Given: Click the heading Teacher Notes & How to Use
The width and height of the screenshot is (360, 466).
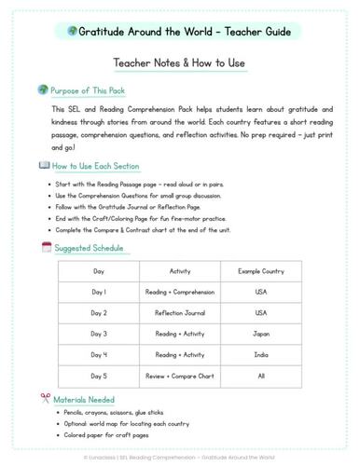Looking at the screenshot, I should [179, 64].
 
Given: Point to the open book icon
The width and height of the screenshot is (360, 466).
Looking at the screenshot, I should [45, 165].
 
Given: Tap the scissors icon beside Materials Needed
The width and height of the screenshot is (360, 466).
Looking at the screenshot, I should [46, 398].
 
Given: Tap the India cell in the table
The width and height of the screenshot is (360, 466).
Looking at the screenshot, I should [261, 355].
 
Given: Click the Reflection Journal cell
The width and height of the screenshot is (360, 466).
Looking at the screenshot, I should [180, 312].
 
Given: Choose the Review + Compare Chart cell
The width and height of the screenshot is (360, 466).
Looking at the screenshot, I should [180, 377].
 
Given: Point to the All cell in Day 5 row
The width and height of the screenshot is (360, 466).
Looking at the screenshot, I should [261, 377].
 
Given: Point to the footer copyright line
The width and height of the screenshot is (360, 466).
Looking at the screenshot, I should [180, 457].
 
